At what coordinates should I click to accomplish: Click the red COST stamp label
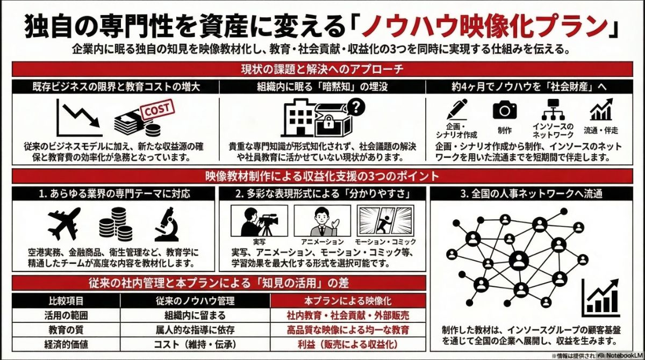pos(157,110)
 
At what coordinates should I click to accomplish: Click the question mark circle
pos(356,106)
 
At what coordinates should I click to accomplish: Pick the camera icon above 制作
pos(504,110)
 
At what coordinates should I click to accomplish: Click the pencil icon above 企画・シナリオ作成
pos(456,111)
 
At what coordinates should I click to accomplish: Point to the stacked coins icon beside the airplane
pos(115,224)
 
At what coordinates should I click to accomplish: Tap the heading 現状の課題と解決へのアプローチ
pos(322,69)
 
